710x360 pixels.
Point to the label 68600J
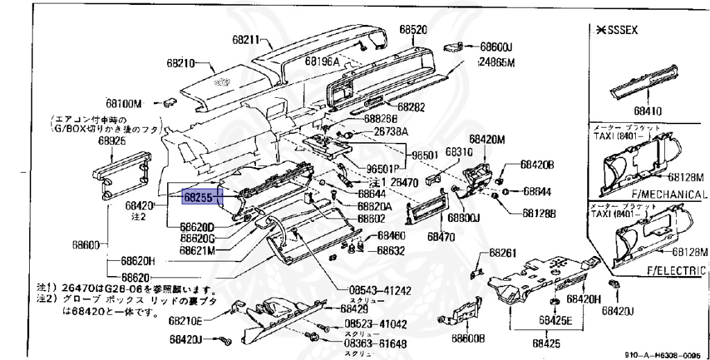tap(496, 46)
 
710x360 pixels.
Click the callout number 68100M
tap(124, 104)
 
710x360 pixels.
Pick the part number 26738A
tap(391, 131)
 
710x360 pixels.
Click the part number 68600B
tap(468, 338)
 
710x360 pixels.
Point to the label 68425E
tap(556, 321)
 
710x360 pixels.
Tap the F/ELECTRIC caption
tap(675, 271)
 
